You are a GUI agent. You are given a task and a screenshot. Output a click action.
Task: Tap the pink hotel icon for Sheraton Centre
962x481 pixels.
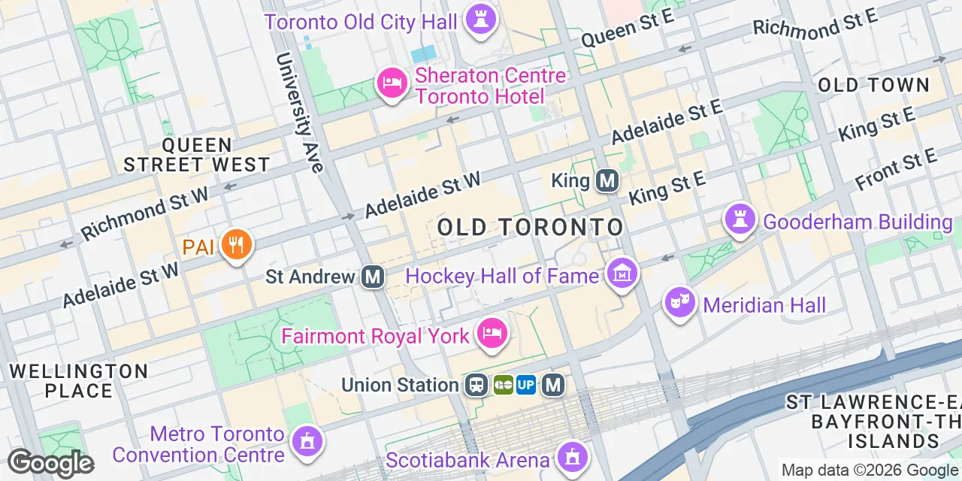click(392, 83)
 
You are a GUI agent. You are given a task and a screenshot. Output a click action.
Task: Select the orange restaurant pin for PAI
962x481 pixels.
click(237, 245)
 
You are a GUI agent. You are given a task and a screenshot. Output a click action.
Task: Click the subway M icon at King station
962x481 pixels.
click(607, 180)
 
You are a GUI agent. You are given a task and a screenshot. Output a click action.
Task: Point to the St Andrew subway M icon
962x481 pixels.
click(372, 277)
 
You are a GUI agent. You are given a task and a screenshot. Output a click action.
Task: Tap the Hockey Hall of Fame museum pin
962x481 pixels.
click(622, 274)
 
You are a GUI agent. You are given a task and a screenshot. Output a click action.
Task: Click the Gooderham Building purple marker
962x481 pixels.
click(740, 219)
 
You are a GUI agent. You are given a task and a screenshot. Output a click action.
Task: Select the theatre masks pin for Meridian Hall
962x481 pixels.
click(680, 303)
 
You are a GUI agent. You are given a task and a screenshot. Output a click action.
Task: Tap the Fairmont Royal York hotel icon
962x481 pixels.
click(492, 334)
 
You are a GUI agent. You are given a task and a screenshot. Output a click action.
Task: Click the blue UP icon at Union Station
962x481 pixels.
click(526, 385)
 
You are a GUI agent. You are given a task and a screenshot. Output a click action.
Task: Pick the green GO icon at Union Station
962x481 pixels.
click(503, 385)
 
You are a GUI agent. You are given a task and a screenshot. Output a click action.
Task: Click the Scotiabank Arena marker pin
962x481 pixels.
click(573, 456)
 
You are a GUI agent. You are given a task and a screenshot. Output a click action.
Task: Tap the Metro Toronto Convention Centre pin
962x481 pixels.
click(306, 441)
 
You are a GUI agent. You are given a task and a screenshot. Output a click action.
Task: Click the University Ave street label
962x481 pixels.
click(300, 112)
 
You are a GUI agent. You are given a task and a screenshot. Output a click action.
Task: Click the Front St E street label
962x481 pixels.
click(897, 170)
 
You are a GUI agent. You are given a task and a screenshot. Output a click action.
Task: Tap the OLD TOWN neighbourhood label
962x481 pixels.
click(873, 85)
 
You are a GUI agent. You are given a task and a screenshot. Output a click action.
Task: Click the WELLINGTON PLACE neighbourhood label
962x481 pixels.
click(78, 381)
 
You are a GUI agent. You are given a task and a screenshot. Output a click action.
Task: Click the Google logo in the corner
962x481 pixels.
click(50, 463)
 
